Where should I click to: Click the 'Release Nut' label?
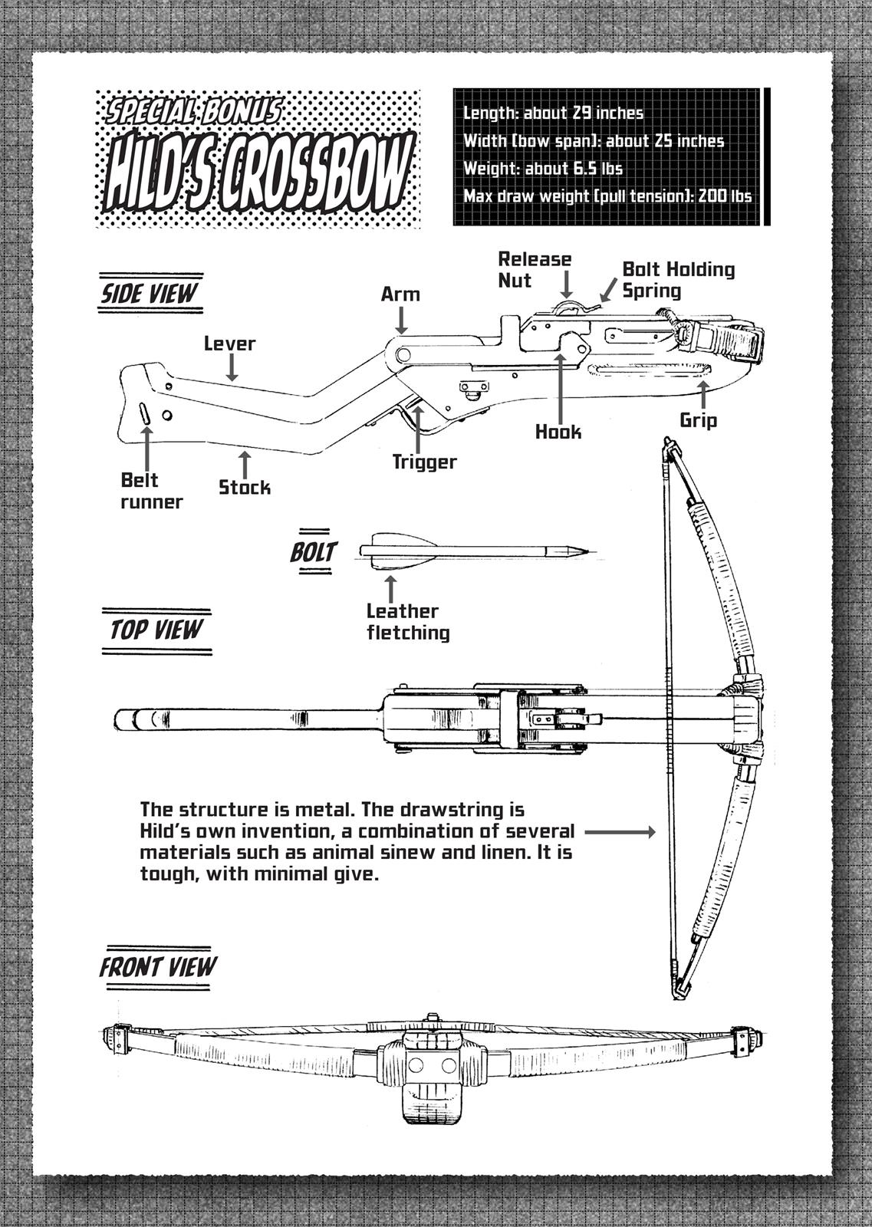pyautogui.click(x=535, y=270)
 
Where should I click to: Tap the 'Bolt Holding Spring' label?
pyautogui.click(x=678, y=280)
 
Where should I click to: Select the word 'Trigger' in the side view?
pyautogui.click(x=424, y=462)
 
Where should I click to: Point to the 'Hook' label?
pyautogui.click(x=558, y=432)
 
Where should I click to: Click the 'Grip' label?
pyautogui.click(x=698, y=420)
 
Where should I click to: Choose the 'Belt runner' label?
pyautogui.click(x=151, y=491)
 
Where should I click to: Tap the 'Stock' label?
pyautogui.click(x=245, y=487)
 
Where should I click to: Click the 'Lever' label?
pyautogui.click(x=229, y=344)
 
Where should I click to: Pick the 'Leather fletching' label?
pyautogui.click(x=407, y=622)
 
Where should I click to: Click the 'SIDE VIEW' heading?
pyautogui.click(x=150, y=293)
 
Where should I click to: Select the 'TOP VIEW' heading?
pyautogui.click(x=156, y=630)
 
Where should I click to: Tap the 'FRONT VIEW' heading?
pyautogui.click(x=158, y=967)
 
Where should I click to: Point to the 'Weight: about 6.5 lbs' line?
pyautogui.click(x=542, y=169)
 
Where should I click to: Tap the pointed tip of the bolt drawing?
pyautogui.click(x=586, y=551)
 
